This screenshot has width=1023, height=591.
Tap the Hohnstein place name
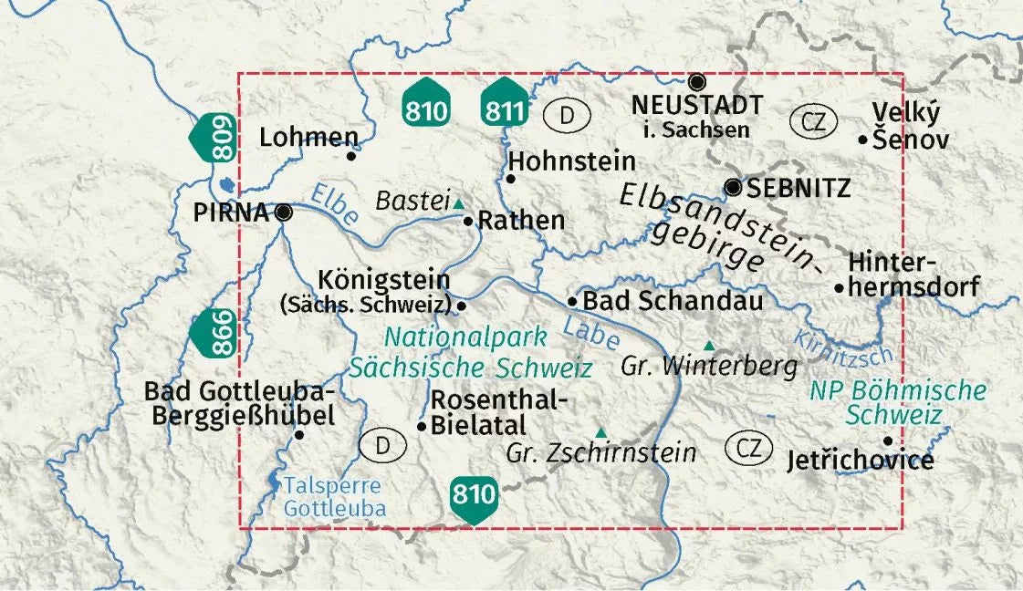click(572, 161)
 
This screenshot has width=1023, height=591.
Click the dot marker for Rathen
click(468, 221)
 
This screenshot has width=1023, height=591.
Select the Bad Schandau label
click(673, 300)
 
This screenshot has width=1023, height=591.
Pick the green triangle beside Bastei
click(458, 203)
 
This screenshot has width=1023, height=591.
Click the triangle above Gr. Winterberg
click(709, 345)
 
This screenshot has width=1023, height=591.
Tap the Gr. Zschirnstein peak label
click(601, 452)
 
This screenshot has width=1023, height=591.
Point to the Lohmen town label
click(308, 138)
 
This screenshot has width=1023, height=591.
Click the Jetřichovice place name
click(860, 461)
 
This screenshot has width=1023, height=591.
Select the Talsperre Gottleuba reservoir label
click(334, 498)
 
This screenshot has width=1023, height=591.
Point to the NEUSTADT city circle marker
click(697, 81)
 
